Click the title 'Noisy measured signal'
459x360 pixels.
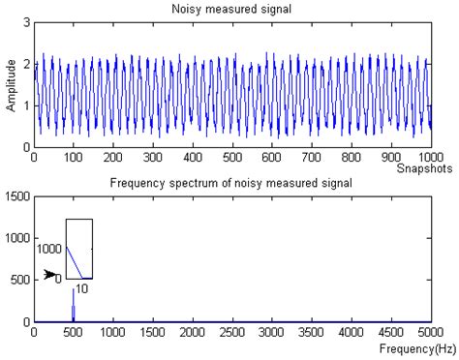(x=231, y=9)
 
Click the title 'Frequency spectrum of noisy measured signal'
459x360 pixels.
(x=231, y=183)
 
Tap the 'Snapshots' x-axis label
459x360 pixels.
(x=428, y=168)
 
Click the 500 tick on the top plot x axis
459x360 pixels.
(x=232, y=156)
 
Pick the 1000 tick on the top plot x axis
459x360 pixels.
(x=430, y=156)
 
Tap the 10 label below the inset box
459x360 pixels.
(x=82, y=288)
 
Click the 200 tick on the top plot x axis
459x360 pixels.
(x=113, y=156)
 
